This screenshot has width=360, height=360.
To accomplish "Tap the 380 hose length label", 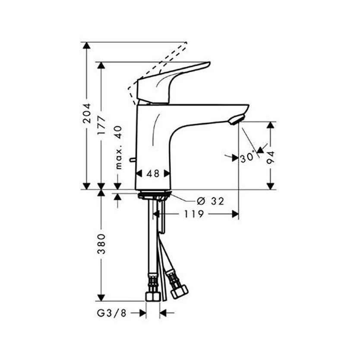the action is pos(101,244).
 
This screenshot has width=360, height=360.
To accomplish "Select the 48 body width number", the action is pos(153,174).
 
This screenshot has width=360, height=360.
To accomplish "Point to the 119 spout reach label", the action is pos(194,214).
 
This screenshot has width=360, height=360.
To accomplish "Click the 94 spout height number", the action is pos(271,157).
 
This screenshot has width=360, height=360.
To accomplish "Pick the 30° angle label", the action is pos(247,158).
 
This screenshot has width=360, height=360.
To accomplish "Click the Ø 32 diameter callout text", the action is pos(210,201).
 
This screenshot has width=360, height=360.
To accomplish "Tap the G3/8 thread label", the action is pos(112,313).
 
